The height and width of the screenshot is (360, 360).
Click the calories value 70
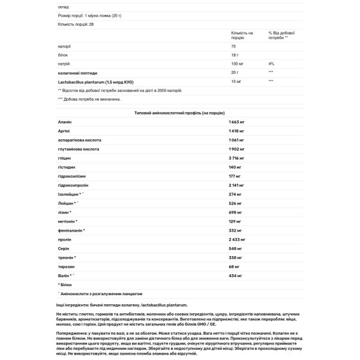pyautogui.click(x=233, y=46)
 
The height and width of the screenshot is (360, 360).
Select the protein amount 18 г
pyautogui.click(x=235, y=54)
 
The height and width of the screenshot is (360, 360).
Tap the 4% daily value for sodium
pyautogui.click(x=271, y=63)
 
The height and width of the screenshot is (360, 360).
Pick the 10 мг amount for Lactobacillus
pyautogui.click(x=235, y=80)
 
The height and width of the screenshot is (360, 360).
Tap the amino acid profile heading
pyautogui.click(x=180, y=113)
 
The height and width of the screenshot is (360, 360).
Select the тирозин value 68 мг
pyautogui.click(x=235, y=266)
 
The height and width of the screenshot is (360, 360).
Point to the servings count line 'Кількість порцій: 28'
pyautogui.click(x=76, y=24)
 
